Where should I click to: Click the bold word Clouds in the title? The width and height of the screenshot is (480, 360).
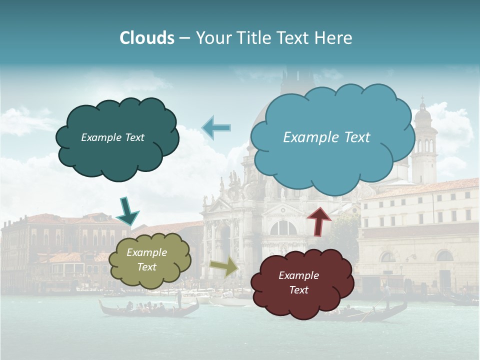coord(147,38)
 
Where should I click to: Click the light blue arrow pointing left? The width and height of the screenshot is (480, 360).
coord(216,127)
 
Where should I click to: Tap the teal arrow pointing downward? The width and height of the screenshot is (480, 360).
coord(127,210)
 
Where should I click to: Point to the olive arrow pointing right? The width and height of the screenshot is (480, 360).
coord(224,267)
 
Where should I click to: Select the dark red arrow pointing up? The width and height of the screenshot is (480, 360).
coord(319,220)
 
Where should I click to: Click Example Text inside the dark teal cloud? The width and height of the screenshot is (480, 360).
coord(112,137)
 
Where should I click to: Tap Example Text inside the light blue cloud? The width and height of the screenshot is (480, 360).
coord(326,137)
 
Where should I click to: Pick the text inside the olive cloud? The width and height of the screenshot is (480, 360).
coord(146,260)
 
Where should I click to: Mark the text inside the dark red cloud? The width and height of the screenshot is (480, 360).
coord(298,282)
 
